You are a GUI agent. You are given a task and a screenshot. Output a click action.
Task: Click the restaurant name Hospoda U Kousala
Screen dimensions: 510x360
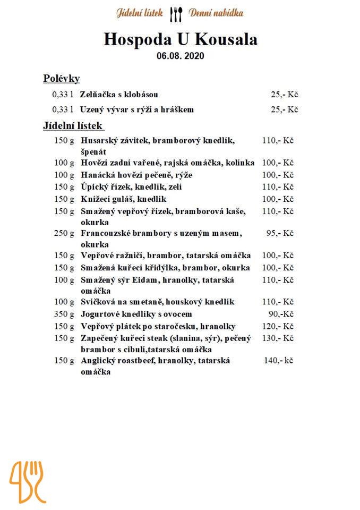tap(180, 39)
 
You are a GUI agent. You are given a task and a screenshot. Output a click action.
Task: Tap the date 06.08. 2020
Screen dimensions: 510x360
tap(180, 55)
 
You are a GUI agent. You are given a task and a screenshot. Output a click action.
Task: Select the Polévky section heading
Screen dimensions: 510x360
tap(61, 79)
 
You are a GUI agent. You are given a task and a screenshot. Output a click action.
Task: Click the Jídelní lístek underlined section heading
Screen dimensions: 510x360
tap(73, 126)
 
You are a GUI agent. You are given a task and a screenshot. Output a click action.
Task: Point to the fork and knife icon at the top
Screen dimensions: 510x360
tap(176, 14)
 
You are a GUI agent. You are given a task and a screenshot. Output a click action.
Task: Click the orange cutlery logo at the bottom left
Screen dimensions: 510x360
tap(27, 481)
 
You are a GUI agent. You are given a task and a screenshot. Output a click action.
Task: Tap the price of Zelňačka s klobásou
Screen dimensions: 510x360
tap(284, 95)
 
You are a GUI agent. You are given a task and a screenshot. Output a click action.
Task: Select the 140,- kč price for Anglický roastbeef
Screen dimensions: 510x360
tap(278, 360)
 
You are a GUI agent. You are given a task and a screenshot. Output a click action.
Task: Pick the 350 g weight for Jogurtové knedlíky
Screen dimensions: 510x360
tap(64, 314)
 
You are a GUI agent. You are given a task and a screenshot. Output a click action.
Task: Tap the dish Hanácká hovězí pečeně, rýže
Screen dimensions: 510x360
tap(136, 175)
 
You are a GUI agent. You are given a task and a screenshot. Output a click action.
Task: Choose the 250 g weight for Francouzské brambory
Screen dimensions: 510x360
tap(64, 233)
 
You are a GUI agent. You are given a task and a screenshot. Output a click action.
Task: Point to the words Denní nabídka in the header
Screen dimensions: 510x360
tap(216, 13)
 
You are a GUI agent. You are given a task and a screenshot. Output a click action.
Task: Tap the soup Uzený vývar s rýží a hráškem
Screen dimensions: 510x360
tap(136, 109)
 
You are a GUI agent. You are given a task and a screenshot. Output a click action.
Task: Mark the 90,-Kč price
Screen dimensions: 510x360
tap(281, 314)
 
